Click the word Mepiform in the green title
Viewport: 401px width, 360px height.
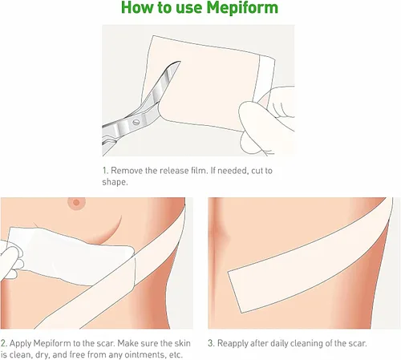point(242,8)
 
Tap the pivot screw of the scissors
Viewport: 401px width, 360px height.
point(136,123)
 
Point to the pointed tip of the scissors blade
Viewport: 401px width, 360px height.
point(180,62)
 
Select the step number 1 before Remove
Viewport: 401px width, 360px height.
point(105,170)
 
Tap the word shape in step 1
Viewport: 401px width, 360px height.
point(114,182)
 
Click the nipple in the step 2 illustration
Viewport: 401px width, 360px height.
point(76,203)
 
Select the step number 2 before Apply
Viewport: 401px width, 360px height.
point(3,343)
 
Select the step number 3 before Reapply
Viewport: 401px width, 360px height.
point(211,343)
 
